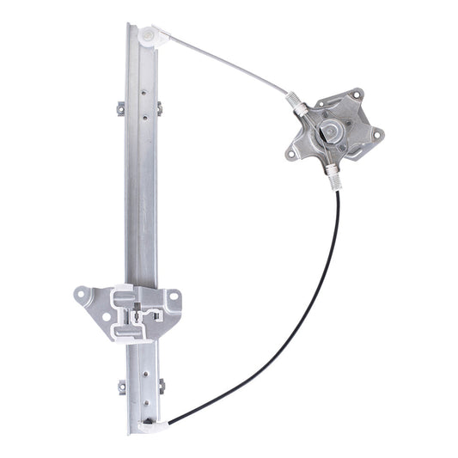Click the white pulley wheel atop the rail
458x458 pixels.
pos(150,36)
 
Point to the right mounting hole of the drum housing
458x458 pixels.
pos(375,133)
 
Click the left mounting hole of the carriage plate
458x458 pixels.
pos(82,294)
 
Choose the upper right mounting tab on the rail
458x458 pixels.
pos(159,107)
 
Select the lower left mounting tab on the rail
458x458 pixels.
pos(121,386)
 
